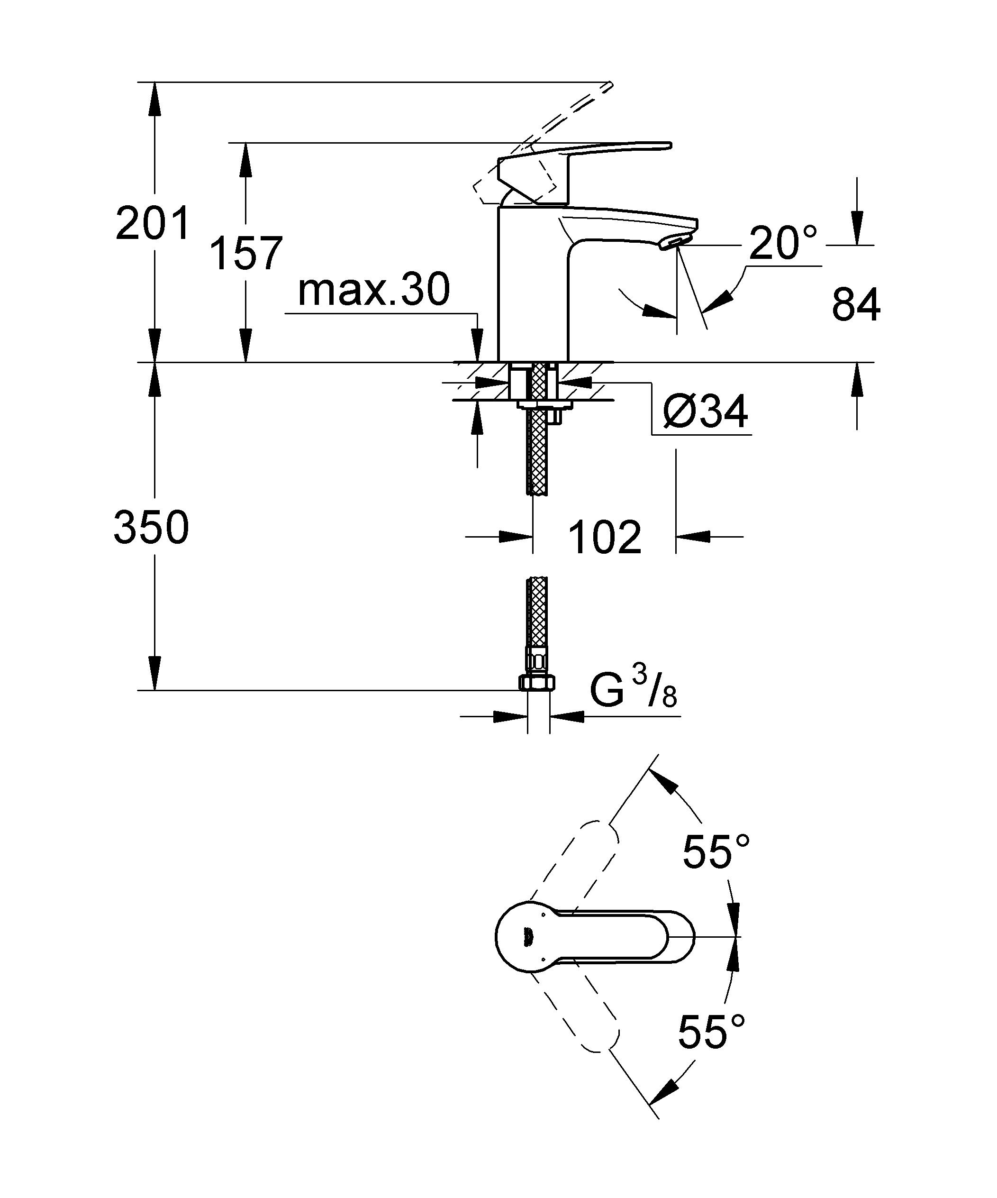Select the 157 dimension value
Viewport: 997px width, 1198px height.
tap(246, 253)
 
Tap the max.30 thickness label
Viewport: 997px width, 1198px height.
tap(373, 289)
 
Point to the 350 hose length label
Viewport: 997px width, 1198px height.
tap(151, 527)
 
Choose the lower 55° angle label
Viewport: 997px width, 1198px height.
tap(711, 1032)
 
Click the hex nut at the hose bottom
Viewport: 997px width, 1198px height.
tap(537, 682)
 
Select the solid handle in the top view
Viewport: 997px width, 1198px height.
tap(595, 936)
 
